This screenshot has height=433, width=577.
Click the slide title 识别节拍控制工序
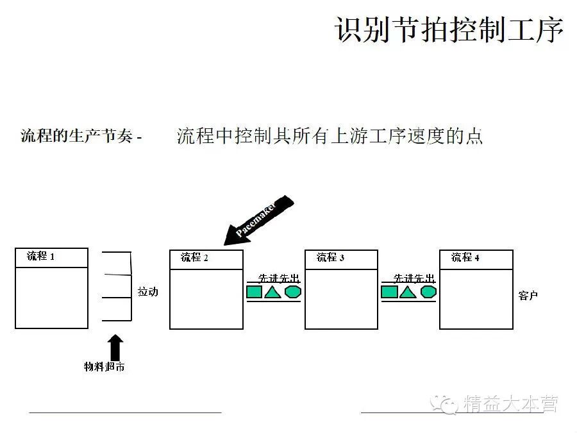click(x=449, y=30)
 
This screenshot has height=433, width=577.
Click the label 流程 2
click(x=195, y=258)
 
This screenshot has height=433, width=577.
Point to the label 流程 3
click(x=331, y=258)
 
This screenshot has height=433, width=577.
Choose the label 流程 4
click(x=465, y=257)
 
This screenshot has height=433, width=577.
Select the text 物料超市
click(x=104, y=367)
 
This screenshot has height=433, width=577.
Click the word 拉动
click(x=147, y=292)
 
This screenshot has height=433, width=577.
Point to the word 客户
click(x=528, y=296)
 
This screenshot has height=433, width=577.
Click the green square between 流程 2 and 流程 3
click(x=255, y=293)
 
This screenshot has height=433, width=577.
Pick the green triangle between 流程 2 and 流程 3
click(x=273, y=293)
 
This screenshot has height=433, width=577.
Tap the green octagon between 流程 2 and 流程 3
click(x=293, y=292)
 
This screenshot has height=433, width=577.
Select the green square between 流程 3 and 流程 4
click(x=389, y=293)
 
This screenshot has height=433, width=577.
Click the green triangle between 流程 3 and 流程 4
click(x=408, y=293)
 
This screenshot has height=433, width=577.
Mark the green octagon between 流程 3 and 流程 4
click(x=428, y=292)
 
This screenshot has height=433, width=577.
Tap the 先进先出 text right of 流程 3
click(x=414, y=278)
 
